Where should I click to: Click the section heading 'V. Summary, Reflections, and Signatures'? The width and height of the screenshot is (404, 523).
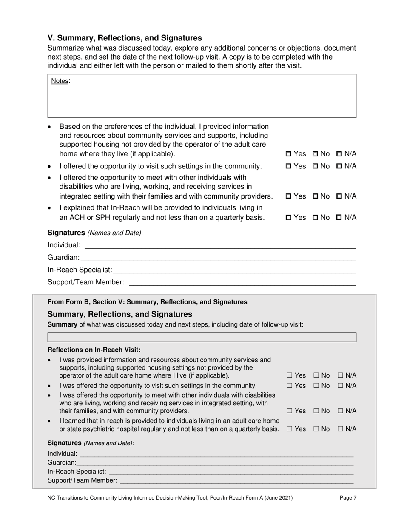click(x=125, y=38)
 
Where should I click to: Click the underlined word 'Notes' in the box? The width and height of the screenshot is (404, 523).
click(x=60, y=81)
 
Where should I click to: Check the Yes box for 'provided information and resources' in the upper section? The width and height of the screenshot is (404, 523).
click(x=288, y=154)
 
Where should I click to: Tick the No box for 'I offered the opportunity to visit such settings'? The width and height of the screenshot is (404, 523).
click(x=315, y=166)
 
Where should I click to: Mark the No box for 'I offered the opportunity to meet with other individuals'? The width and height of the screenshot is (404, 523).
click(x=315, y=196)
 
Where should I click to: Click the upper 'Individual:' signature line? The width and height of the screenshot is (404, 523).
click(x=219, y=245)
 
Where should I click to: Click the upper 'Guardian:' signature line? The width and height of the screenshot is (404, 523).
click(x=217, y=258)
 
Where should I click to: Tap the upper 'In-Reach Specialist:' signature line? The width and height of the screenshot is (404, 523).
click(x=234, y=270)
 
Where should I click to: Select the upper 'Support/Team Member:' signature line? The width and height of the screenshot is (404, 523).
click(x=242, y=282)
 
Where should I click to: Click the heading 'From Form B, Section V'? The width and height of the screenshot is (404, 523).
click(x=147, y=302)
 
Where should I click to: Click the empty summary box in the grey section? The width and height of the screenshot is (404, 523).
click(x=202, y=337)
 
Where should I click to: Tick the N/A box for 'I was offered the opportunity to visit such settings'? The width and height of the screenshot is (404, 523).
click(x=341, y=386)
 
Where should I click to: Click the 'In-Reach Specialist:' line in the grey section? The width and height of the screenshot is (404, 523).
click(x=230, y=472)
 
